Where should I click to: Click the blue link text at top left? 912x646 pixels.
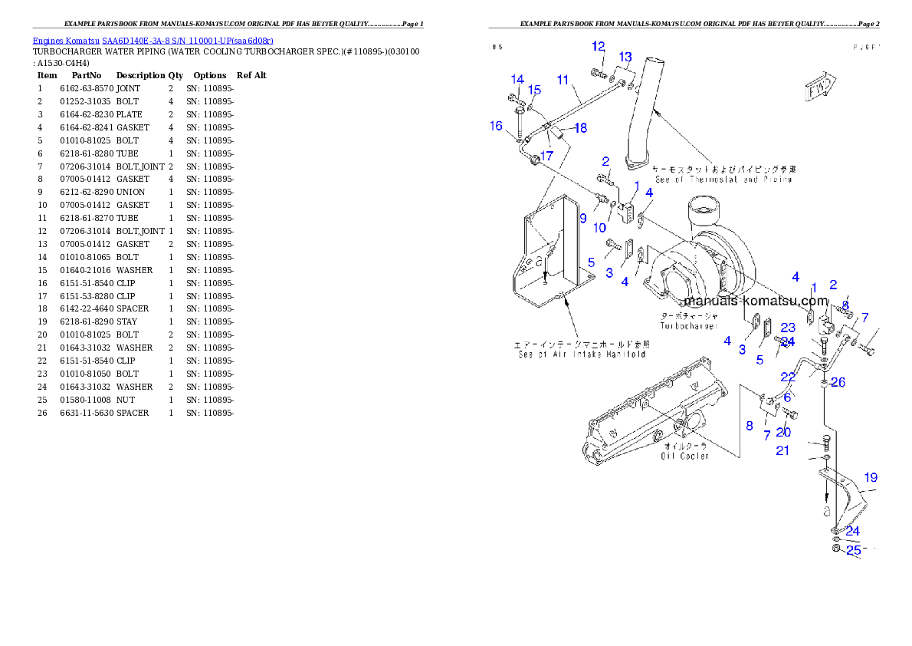153,40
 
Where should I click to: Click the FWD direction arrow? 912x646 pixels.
819,88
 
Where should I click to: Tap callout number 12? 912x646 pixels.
599,46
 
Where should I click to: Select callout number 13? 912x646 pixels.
625,57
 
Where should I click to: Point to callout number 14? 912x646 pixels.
517,79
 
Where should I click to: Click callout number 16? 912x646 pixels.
497,126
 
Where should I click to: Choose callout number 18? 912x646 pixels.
581,127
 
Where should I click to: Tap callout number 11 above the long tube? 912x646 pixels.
563,80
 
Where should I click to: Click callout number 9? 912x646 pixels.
582,218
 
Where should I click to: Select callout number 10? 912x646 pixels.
599,228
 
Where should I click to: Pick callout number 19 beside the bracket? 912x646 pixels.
870,477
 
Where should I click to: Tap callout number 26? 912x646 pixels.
838,382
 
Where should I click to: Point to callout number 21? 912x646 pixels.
782,450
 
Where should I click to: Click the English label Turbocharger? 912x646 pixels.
689,326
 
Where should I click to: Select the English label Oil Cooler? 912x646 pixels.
686,456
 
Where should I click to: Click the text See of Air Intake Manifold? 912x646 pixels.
581,354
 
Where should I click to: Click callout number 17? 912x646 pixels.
546,156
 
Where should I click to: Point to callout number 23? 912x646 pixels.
788,328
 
